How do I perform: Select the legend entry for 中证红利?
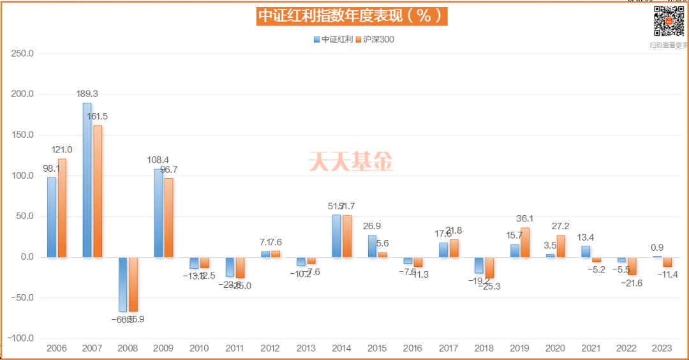point(333,40)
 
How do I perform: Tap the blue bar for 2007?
point(87,180)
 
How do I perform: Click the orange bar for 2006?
point(62,208)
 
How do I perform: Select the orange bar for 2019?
point(524,243)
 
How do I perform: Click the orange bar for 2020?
point(561,246)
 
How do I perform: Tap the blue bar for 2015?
point(372,246)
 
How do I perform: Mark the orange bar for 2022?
point(632,266)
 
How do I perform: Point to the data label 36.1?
point(524,218)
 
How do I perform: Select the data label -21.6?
point(632,282)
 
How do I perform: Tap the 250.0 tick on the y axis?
point(23,54)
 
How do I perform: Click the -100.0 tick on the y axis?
point(22,338)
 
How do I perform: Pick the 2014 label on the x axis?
point(341,349)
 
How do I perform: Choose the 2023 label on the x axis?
point(662,349)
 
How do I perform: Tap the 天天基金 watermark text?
point(352,161)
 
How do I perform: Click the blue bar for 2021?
point(586,251)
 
